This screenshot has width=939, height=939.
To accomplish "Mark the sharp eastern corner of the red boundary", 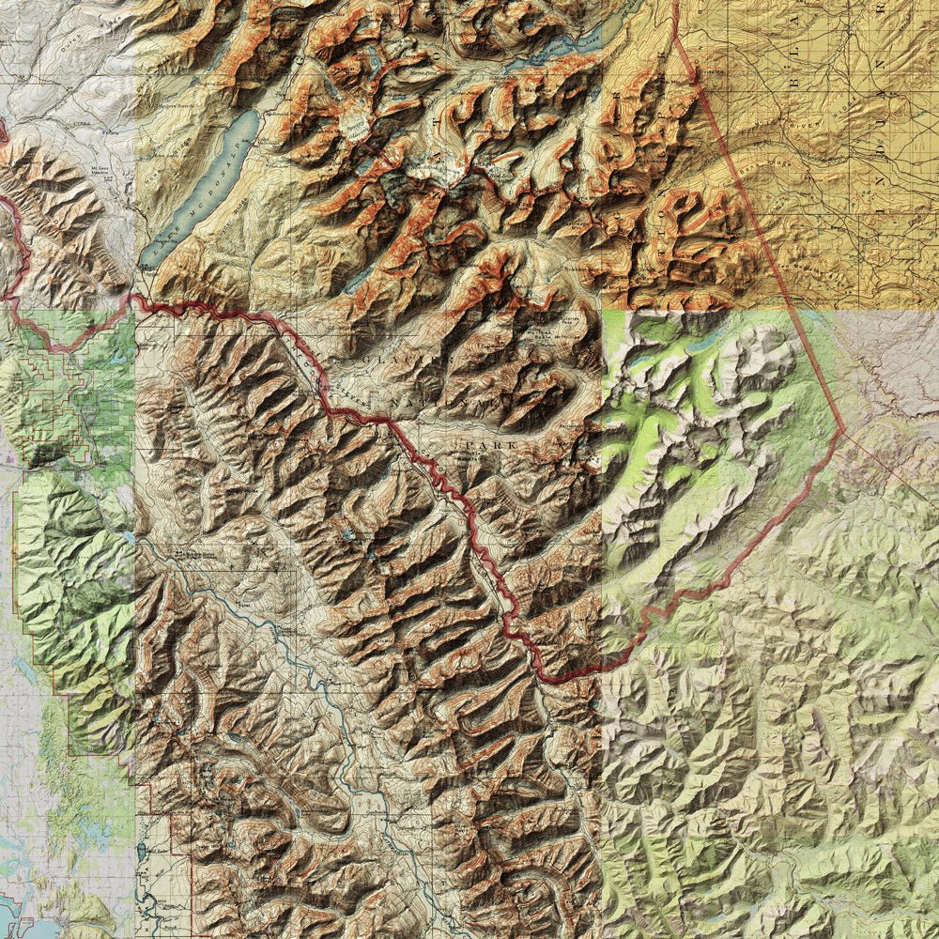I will coord(844,432).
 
